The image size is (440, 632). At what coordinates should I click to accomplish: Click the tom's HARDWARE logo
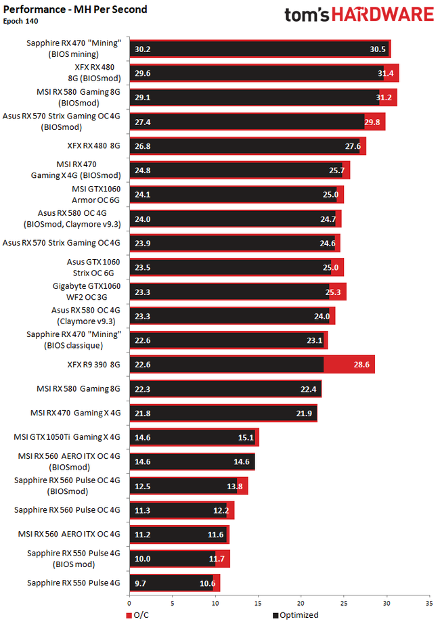coord(359,16)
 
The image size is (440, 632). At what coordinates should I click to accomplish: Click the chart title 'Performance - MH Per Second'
coord(75,9)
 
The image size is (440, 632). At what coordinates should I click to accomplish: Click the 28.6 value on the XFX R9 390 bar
coord(362,365)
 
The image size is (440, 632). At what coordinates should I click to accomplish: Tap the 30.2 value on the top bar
coord(143,49)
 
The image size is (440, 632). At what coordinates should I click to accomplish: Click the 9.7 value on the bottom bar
coord(143,583)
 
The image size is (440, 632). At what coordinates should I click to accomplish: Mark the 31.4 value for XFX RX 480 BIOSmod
coord(387,73)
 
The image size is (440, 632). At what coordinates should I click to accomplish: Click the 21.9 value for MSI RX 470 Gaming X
coord(304,413)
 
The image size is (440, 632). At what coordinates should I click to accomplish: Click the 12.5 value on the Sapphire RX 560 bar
coord(143,486)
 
